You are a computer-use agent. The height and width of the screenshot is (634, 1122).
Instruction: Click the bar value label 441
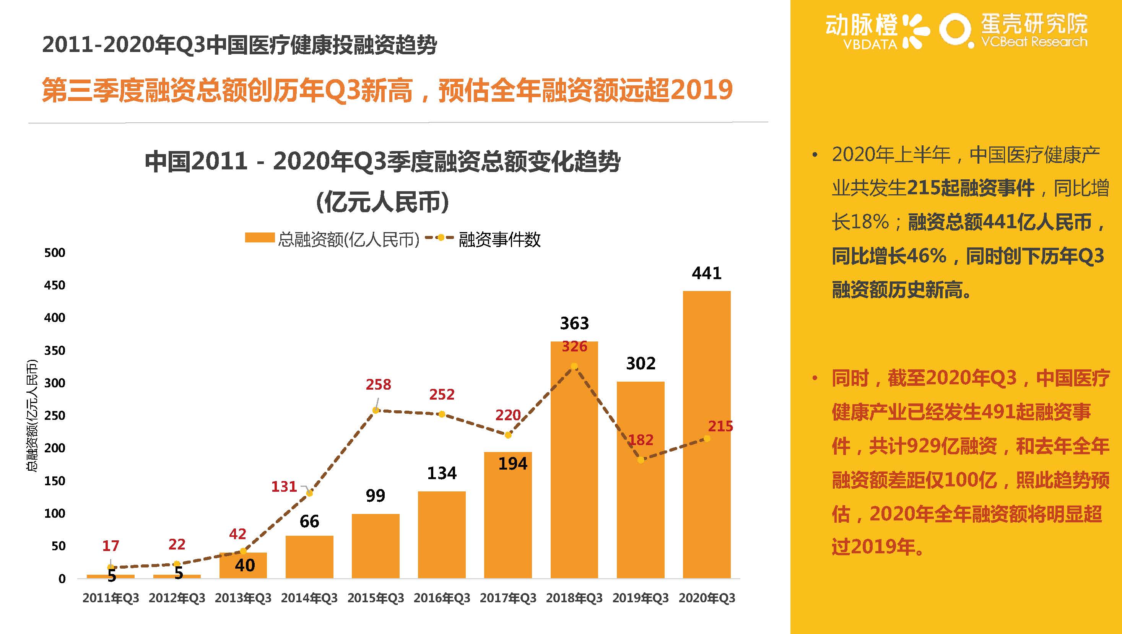coord(706,273)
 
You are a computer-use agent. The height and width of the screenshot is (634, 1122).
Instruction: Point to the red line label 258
coord(378,385)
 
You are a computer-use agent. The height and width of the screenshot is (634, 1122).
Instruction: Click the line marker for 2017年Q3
coord(508,435)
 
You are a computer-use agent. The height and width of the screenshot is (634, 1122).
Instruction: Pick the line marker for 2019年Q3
coord(640,460)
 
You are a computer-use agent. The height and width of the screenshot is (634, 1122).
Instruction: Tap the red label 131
coord(284,486)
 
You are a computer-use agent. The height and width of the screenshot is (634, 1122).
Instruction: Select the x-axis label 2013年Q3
coord(243,598)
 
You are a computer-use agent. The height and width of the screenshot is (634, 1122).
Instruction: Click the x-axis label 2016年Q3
coord(442,598)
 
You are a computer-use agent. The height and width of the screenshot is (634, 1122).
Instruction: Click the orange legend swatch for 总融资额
coord(260,238)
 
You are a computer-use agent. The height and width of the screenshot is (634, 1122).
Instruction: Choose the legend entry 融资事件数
coord(499,239)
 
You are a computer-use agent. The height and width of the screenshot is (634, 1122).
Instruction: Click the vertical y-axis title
coord(32,415)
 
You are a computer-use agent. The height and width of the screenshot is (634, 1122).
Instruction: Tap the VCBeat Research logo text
coord(1034,42)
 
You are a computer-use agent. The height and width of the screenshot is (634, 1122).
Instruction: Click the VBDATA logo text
coord(870,44)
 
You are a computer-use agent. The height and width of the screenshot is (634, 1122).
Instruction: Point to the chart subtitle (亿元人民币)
coord(382,202)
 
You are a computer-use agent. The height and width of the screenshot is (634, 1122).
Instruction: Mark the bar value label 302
coord(640,364)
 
